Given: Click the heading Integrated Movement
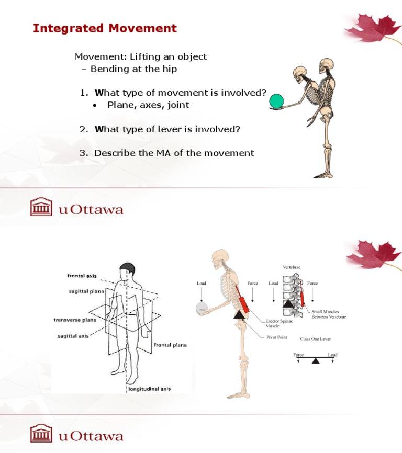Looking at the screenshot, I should (x=105, y=28).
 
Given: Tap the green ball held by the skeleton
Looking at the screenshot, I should (x=276, y=101).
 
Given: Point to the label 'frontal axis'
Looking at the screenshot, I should (x=82, y=275).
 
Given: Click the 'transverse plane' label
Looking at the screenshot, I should (x=75, y=320).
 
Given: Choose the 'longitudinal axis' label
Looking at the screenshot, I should (x=149, y=389).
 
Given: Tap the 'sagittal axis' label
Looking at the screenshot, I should (x=73, y=336).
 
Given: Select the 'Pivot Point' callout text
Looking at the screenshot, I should (x=276, y=337).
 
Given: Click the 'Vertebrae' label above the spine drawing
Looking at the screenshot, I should (x=292, y=267).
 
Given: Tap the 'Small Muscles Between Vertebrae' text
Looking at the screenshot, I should (x=328, y=314).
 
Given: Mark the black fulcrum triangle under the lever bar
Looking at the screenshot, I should (x=315, y=360).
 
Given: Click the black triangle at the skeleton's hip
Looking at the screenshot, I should (x=239, y=314).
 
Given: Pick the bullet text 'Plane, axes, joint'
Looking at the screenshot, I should (x=148, y=105).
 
